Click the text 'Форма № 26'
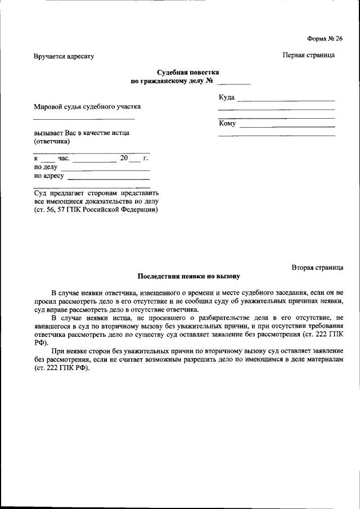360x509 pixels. click(x=325, y=38)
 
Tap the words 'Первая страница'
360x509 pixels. click(x=308, y=55)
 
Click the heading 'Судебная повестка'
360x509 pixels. click(x=188, y=73)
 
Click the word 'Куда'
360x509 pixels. click(x=227, y=98)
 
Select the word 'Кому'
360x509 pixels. click(x=227, y=123)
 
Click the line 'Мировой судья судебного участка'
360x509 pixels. click(x=87, y=107)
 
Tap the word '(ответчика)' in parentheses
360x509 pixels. click(x=52, y=142)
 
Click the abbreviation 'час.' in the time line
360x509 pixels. click(x=63, y=159)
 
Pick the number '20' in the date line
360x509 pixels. click(x=124, y=158)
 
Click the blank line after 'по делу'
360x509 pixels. click(x=105, y=169)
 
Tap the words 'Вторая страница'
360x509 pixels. click(x=317, y=267)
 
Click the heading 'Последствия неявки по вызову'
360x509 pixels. click(x=188, y=277)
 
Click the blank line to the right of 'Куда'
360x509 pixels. click(x=286, y=100)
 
